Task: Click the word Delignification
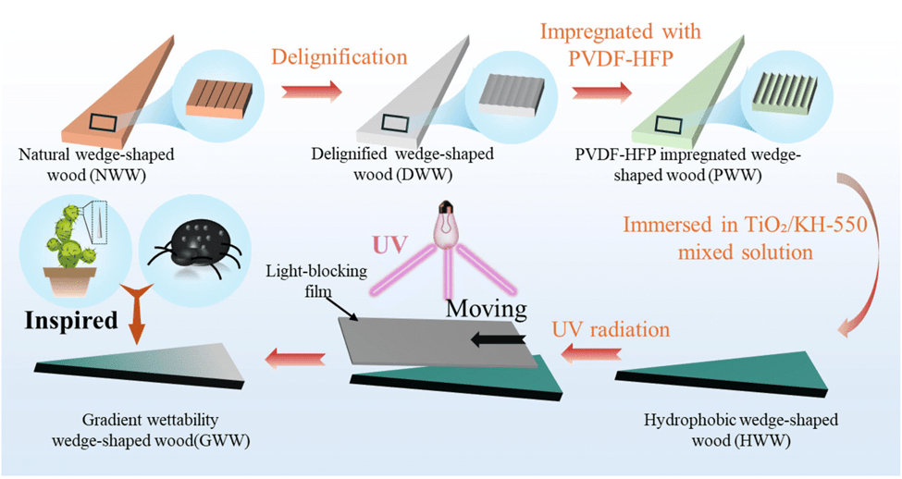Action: click(x=340, y=56)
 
